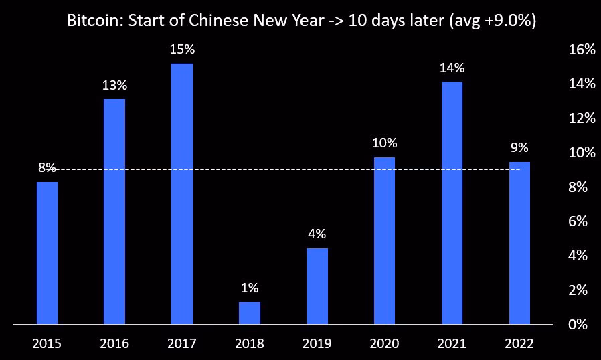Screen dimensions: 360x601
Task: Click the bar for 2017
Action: (x=182, y=194)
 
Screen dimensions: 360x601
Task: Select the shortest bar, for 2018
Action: (x=250, y=313)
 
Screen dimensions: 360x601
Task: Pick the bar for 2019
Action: (x=317, y=286)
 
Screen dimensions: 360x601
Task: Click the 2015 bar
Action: (x=47, y=253)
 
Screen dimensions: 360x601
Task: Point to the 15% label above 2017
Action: (x=182, y=50)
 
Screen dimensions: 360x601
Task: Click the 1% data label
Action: (x=250, y=288)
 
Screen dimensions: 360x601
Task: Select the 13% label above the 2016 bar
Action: (x=114, y=85)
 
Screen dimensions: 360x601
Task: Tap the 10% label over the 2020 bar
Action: (x=385, y=143)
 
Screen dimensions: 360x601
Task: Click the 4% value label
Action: (x=317, y=234)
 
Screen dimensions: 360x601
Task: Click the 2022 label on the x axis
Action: (x=519, y=344)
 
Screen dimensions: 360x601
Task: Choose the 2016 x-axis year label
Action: (x=114, y=344)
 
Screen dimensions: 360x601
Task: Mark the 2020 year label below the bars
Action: (x=385, y=344)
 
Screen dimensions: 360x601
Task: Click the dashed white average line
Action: (x=281, y=169)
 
